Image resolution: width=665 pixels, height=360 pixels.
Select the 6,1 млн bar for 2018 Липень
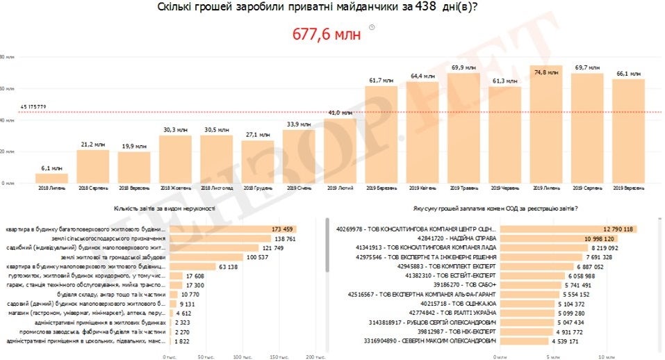pos(52,178)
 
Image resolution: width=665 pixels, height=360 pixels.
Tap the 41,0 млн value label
pos(339,112)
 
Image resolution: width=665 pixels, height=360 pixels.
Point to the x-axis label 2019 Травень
pos(463,188)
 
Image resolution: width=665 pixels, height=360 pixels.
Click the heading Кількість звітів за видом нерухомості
pos(165,208)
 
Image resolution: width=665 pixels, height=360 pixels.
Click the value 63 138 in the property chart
pos(229,266)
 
